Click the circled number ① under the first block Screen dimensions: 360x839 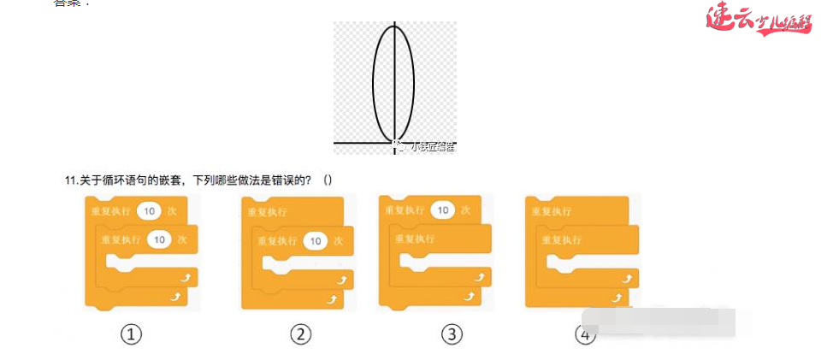point(131,334)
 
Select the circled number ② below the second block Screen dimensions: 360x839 point(299,334)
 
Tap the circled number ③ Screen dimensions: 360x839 point(452,334)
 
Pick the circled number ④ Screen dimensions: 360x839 point(586,334)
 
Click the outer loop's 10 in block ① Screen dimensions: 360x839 point(150,210)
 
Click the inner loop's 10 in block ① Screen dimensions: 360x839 point(159,240)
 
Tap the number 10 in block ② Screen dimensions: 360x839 point(316,241)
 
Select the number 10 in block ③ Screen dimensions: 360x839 point(442,210)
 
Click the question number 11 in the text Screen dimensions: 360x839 point(72,180)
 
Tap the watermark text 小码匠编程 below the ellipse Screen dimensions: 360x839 point(432,147)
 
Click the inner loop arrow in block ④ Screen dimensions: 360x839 point(630,277)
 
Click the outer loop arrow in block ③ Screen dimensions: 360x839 point(469,295)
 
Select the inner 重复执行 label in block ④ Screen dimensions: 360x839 point(562,240)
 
